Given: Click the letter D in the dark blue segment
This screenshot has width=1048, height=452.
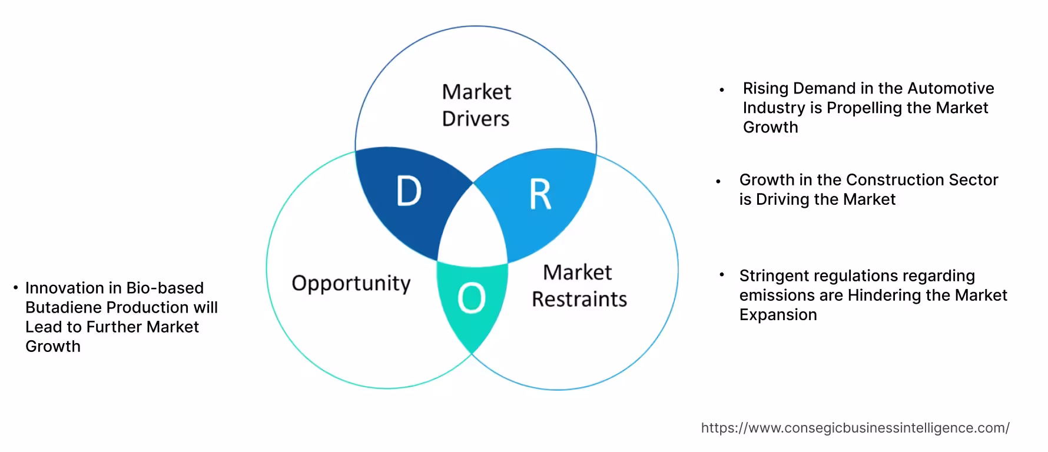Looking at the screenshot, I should pos(409,192).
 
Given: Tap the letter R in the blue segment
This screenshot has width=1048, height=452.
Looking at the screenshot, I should pos(540,195).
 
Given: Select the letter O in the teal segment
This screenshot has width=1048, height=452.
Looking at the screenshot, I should pos(472,298).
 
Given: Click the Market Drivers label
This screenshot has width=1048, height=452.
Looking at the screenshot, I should pos(476,105).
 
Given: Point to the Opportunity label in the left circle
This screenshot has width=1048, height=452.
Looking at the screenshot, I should pos(351,283).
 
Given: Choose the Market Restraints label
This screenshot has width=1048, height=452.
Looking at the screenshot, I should pos(579,286).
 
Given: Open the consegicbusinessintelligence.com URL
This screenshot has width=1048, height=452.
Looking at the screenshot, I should pos(855,428).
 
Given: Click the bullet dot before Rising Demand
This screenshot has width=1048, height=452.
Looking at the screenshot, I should pos(721,91).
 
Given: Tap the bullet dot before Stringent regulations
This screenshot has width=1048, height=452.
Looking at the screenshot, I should pos(721,274).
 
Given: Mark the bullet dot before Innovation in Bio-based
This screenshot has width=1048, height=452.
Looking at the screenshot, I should pos(16,288).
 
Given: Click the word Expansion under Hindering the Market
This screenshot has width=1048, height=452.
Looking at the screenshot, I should pos(778,314).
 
